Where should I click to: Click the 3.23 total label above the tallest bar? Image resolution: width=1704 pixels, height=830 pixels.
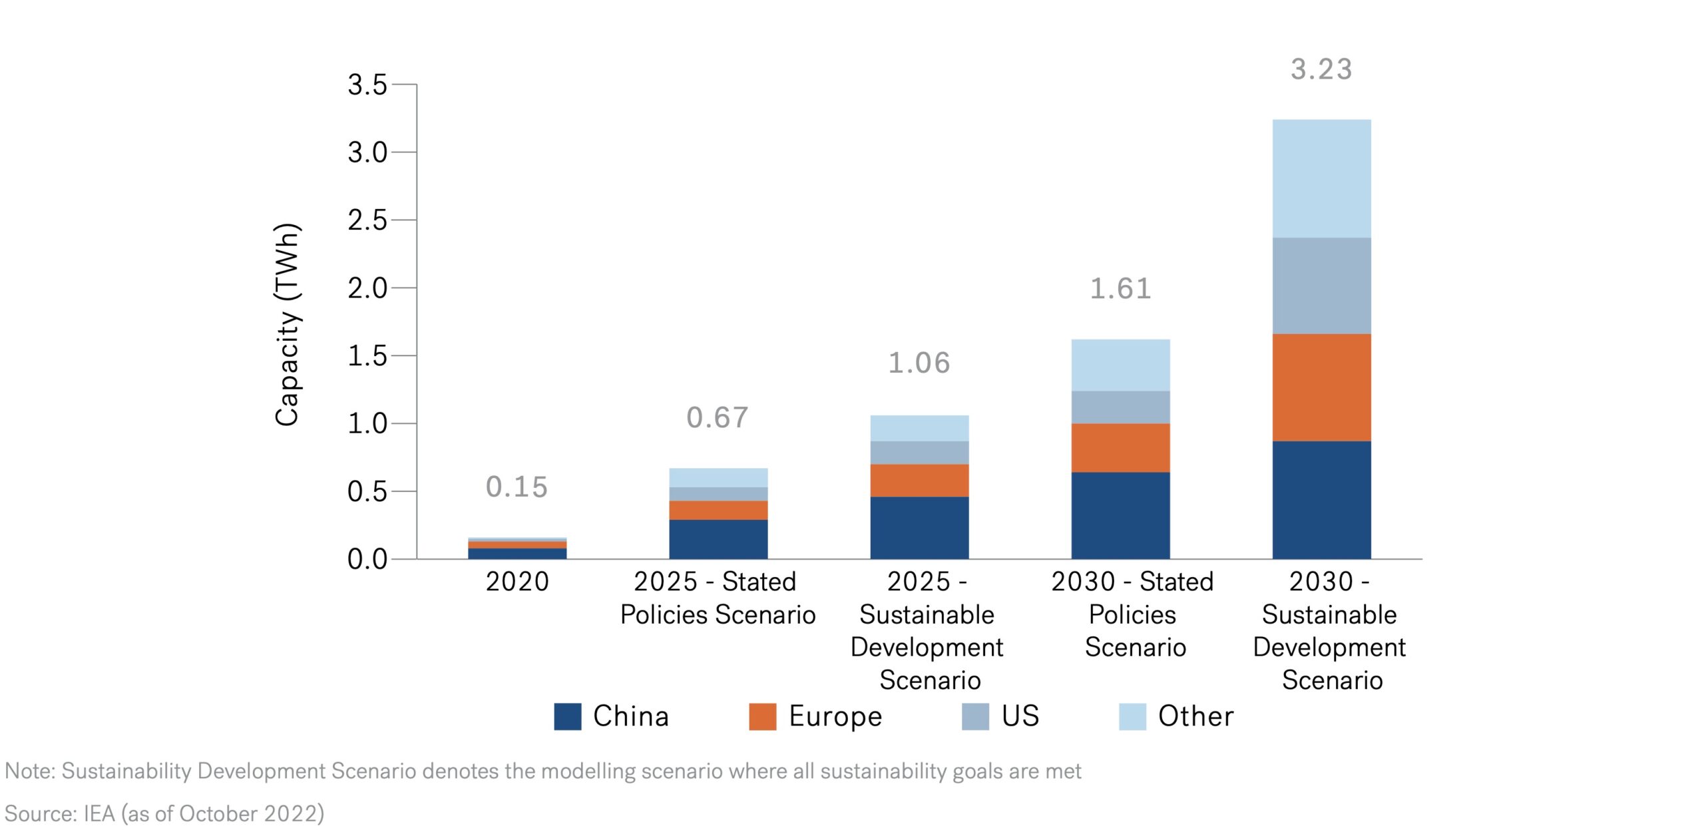(x=1321, y=69)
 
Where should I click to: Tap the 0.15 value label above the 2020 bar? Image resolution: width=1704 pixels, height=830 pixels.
(x=517, y=487)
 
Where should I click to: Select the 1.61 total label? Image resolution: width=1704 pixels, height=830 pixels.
(x=1120, y=288)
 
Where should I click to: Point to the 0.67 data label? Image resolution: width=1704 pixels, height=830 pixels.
(x=718, y=417)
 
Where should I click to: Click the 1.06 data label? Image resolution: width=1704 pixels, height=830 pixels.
(x=919, y=363)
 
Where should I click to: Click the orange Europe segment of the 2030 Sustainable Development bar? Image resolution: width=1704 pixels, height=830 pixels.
(x=1321, y=387)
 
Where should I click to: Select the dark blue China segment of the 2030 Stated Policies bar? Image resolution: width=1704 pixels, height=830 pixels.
(x=1120, y=515)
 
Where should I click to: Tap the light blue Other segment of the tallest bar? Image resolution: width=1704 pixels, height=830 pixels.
(x=1321, y=178)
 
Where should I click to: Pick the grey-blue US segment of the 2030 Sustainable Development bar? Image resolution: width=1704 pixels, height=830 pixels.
(x=1321, y=286)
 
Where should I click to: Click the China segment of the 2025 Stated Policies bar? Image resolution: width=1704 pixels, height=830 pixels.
(x=718, y=538)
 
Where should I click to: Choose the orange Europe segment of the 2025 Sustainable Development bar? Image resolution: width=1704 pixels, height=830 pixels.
(x=919, y=480)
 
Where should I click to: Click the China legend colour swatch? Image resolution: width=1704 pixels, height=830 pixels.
(x=567, y=716)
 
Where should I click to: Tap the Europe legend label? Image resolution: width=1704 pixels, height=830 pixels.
(x=835, y=716)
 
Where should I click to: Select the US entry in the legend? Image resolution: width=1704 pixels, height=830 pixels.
(x=1019, y=716)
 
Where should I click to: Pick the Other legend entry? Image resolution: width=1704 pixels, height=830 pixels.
(x=1195, y=716)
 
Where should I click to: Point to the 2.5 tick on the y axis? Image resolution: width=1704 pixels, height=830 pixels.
(x=367, y=220)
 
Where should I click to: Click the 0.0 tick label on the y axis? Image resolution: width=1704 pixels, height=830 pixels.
(x=367, y=559)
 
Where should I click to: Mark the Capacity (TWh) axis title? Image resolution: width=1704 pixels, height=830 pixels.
(x=288, y=324)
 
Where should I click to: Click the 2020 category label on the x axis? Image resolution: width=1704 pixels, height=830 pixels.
(x=517, y=581)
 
